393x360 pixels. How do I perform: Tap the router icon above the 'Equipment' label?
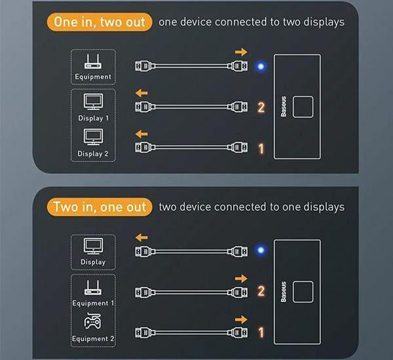tap(93, 62)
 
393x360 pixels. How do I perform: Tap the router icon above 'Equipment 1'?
tap(93, 287)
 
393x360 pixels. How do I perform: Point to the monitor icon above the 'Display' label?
tap(93, 245)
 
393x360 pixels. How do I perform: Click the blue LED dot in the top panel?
tap(260, 65)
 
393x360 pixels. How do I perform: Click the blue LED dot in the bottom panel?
tap(260, 251)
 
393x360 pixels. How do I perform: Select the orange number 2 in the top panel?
tap(261, 107)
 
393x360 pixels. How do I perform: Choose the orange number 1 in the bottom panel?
tap(261, 333)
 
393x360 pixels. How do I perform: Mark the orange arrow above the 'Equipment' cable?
tap(241, 52)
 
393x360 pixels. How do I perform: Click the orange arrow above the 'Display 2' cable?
tap(141, 134)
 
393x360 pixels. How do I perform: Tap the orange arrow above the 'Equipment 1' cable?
tap(241, 279)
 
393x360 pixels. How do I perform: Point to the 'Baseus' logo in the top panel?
tap(284, 106)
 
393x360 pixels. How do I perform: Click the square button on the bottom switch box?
tap(303, 291)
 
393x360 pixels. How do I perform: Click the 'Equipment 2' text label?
tap(93, 338)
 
